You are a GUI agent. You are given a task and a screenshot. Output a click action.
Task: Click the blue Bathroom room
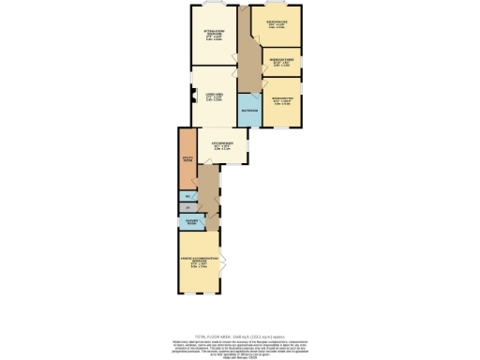pyautogui.click(x=248, y=110)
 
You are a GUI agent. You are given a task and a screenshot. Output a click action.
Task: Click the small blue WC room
pyautogui.click(x=187, y=196)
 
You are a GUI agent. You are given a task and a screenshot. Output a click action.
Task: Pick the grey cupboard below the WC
pyautogui.click(x=187, y=206)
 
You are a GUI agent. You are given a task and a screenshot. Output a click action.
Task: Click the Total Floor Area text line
pyautogui.click(x=240, y=336)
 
